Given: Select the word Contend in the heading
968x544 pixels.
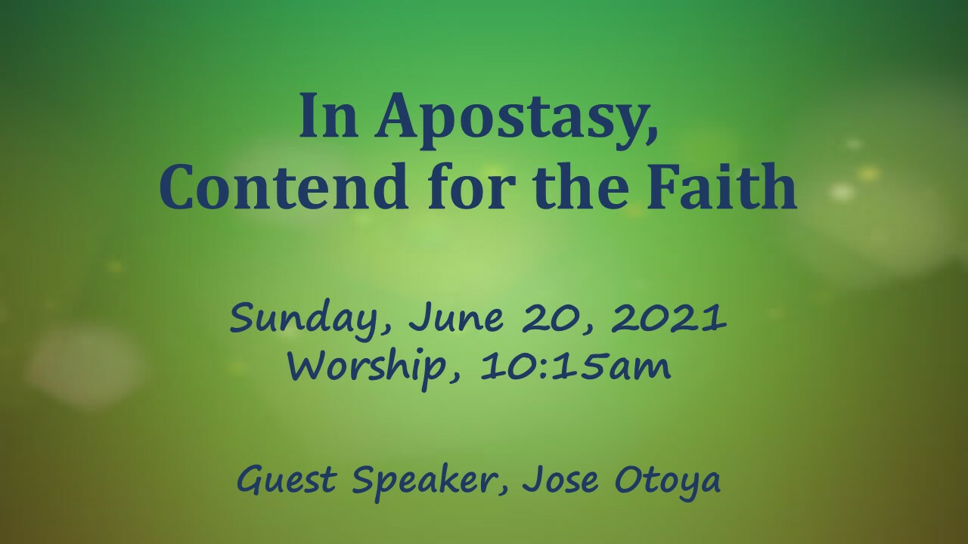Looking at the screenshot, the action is [284, 187].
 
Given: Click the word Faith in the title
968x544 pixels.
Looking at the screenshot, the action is [721, 186].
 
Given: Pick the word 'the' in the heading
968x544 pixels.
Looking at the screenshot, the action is [582, 186].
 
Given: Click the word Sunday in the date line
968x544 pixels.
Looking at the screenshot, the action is [310, 320].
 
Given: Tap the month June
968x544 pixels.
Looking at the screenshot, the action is [456, 318].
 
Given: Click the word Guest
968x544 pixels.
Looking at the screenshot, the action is [287, 479].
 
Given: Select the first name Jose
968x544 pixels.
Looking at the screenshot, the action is [560, 480].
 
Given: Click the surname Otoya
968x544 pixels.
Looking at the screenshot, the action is [668, 482].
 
